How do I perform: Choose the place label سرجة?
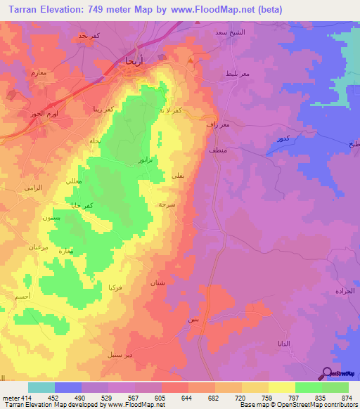click(x=167, y=203)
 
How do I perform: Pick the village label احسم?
click(x=22, y=298)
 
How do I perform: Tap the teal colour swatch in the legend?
click(x=41, y=387)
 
